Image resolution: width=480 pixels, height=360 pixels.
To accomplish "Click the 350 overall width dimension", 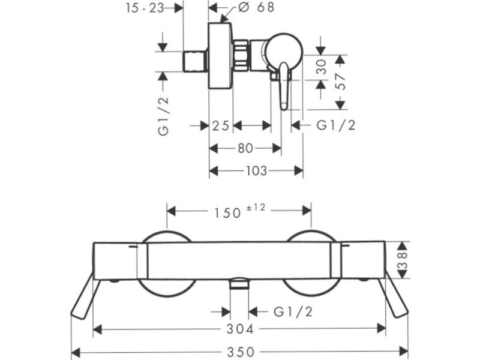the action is pyautogui.click(x=241, y=352).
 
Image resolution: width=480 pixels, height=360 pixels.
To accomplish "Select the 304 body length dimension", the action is pyautogui.click(x=241, y=329).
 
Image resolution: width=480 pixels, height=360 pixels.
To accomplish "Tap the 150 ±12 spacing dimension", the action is pyautogui.click(x=239, y=211).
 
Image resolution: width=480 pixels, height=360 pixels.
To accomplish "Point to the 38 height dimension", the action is pyautogui.click(x=403, y=260).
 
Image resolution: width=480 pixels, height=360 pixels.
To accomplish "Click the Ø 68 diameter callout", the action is pyautogui.click(x=256, y=7).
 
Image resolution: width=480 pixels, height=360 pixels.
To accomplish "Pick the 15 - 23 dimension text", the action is pyautogui.click(x=145, y=8).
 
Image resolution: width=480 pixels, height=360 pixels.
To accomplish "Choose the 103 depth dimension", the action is pyautogui.click(x=257, y=171).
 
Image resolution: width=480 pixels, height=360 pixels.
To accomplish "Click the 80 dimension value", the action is pyautogui.click(x=245, y=148).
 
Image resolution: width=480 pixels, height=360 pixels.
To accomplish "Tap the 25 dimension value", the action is pyautogui.click(x=221, y=125).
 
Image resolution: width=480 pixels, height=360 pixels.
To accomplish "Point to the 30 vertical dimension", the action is pyautogui.click(x=322, y=67).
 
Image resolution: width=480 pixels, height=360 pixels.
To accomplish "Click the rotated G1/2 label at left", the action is pyautogui.click(x=163, y=116).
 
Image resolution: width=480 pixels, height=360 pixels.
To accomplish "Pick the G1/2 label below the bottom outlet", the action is pyautogui.click(x=293, y=312).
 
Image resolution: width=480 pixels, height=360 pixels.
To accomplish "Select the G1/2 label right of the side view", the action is pyautogui.click(x=336, y=125).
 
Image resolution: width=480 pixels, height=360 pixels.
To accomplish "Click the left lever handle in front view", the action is pyautogui.click(x=83, y=295).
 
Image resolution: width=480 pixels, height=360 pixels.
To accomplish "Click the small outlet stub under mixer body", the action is pyautogui.click(x=239, y=283).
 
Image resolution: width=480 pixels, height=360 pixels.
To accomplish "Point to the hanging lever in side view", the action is pyautogui.click(x=284, y=86).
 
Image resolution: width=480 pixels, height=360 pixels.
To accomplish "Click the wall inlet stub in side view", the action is pyautogui.click(x=196, y=61).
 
